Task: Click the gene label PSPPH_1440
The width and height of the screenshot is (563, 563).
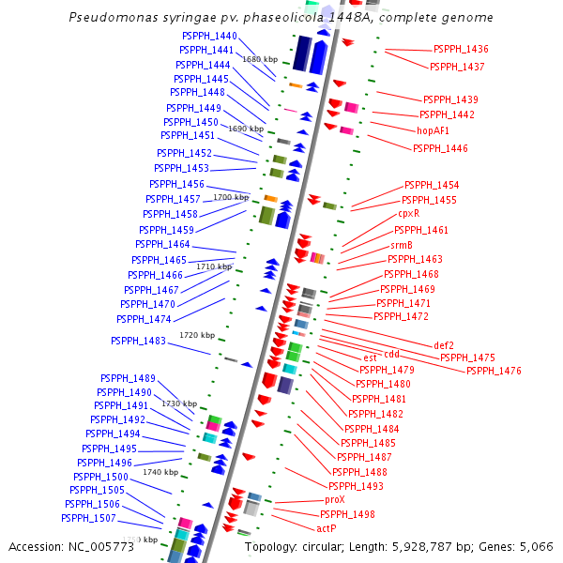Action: click(209, 36)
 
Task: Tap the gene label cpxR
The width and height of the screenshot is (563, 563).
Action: click(409, 213)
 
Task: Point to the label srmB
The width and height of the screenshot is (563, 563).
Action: click(402, 245)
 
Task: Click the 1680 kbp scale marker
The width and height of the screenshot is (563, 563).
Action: click(260, 59)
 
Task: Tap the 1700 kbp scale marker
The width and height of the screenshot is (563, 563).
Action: click(231, 198)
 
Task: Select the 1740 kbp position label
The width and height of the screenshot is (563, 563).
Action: click(160, 472)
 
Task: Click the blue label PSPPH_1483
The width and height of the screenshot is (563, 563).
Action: click(138, 342)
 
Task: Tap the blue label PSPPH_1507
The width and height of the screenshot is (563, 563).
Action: click(88, 518)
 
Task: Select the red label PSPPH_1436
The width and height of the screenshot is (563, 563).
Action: click(461, 49)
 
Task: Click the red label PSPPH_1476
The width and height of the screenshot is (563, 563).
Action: click(494, 371)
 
